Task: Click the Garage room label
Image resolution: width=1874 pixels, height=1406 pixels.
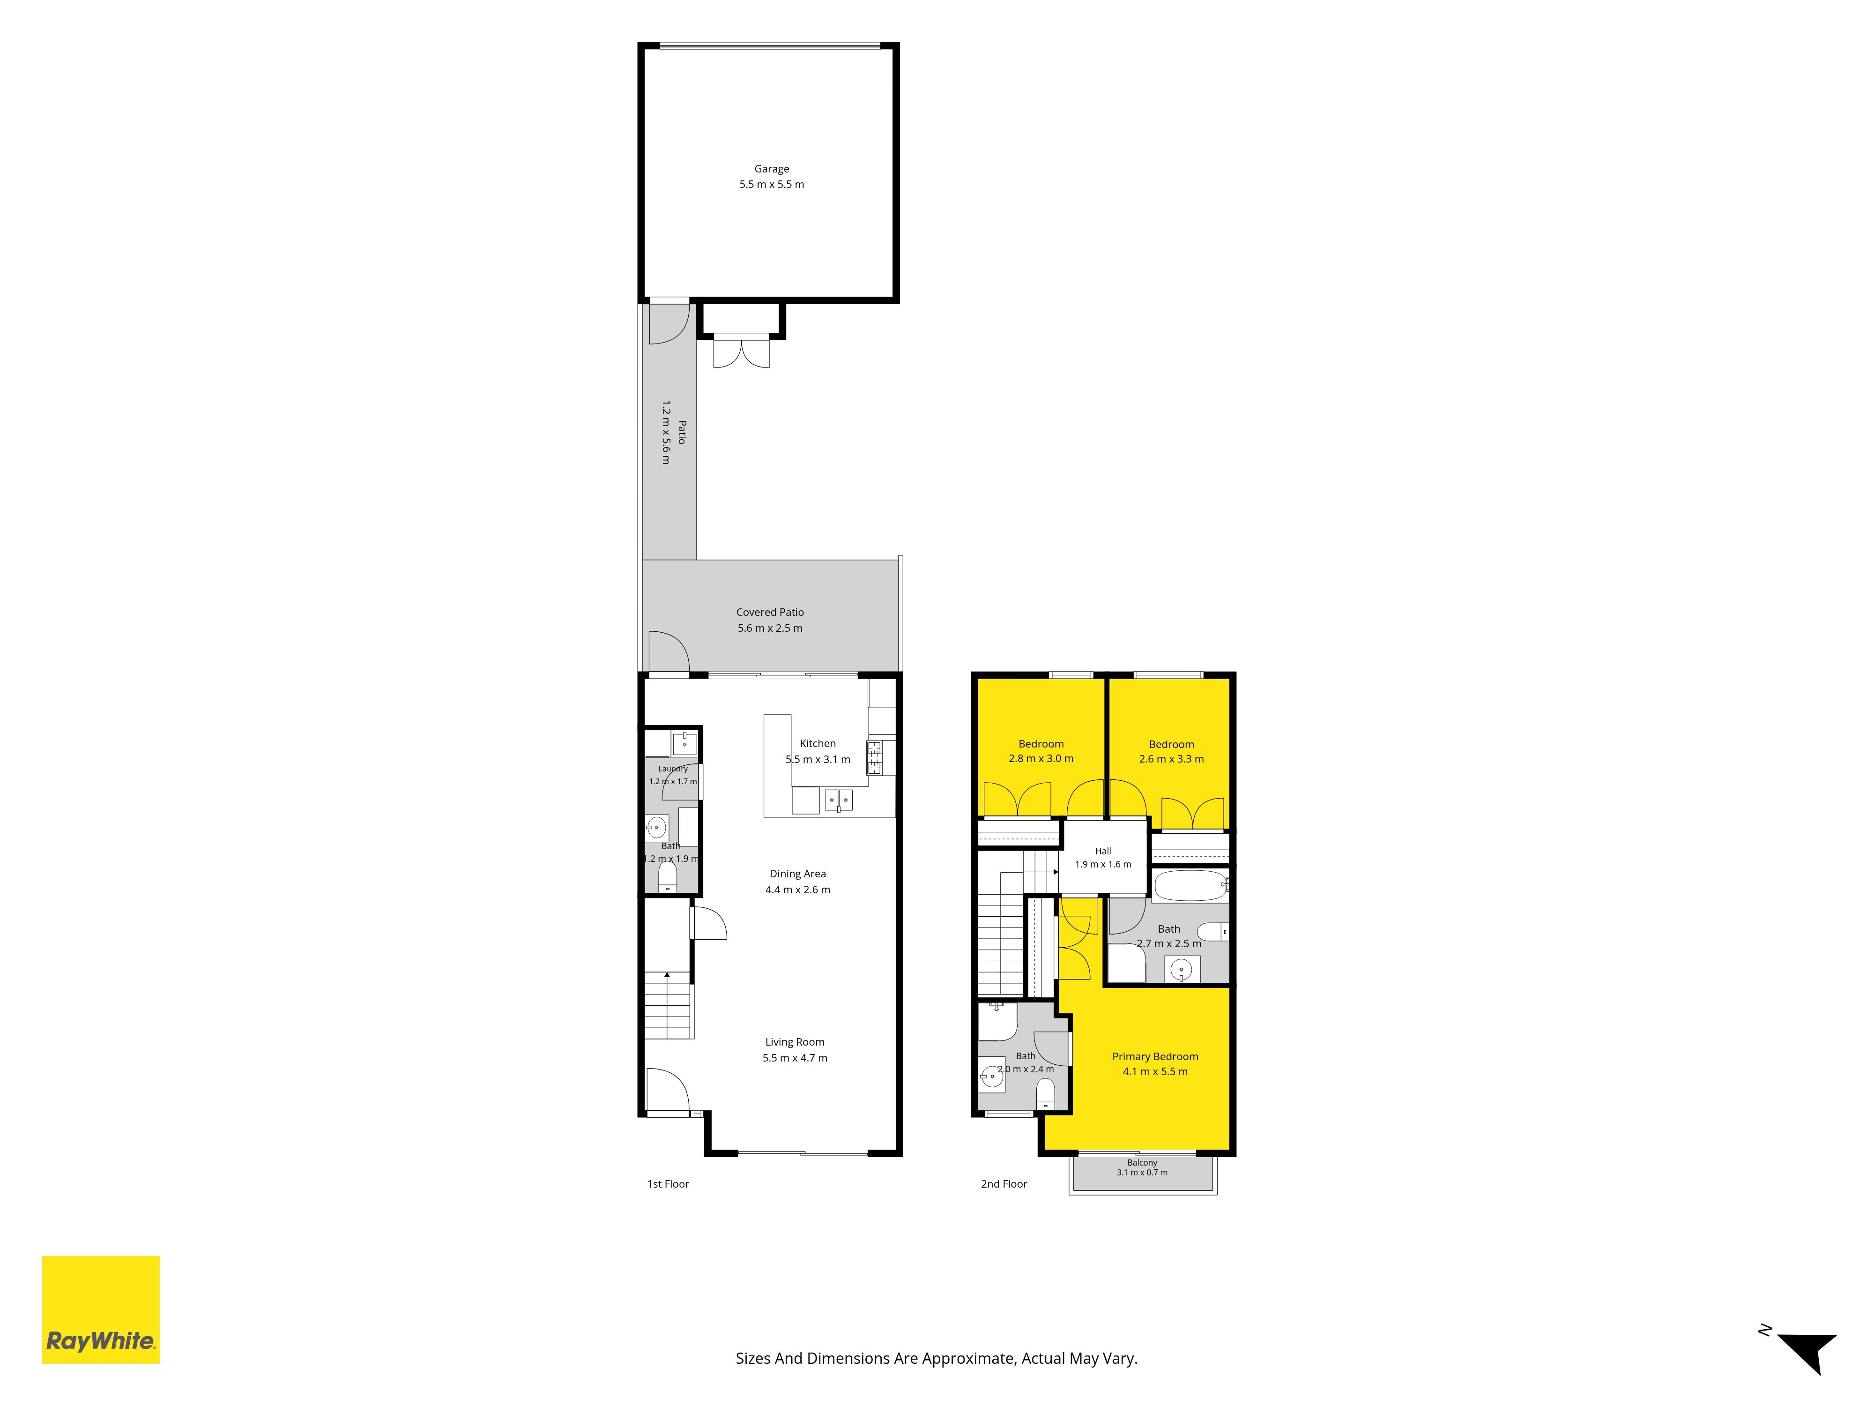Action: [x=771, y=169]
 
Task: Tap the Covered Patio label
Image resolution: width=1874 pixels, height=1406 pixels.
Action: [x=769, y=612]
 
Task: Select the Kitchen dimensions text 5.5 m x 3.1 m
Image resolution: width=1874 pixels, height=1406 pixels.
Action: [x=818, y=759]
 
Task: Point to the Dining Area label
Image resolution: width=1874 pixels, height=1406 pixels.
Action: [x=797, y=874]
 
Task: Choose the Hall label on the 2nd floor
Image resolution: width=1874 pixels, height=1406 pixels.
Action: [x=1103, y=851]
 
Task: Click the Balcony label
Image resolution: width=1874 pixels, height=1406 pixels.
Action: [x=1142, y=1163]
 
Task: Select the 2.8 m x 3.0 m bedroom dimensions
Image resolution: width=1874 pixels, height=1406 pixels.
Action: [x=1041, y=758]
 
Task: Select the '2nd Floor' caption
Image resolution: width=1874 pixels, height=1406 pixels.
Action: [x=1004, y=1184]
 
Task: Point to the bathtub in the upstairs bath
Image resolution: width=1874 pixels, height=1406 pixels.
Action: [x=1190, y=886]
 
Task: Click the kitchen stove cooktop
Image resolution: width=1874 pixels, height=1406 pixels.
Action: [x=873, y=758]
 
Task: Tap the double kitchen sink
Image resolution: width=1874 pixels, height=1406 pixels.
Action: [x=839, y=799]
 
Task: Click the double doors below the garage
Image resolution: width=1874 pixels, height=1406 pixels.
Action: [x=741, y=351]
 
